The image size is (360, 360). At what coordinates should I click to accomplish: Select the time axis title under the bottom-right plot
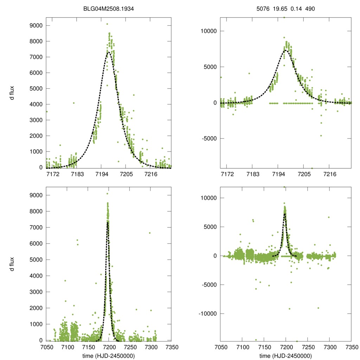click(285, 355)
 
